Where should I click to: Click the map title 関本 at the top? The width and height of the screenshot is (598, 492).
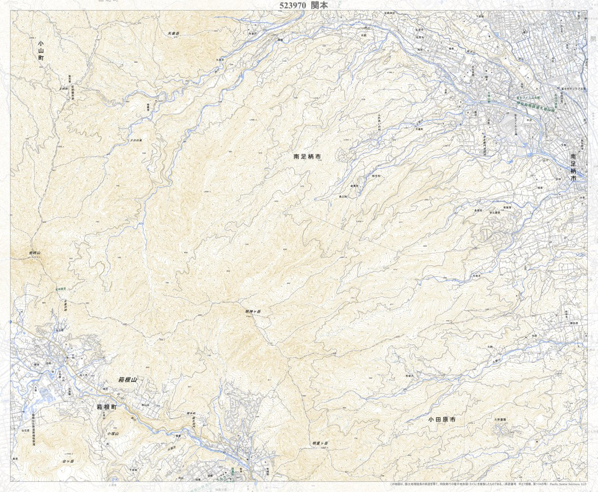(320, 5)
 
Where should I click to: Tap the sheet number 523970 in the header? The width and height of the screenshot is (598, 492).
(293, 5)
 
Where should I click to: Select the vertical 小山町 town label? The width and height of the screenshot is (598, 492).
(41, 51)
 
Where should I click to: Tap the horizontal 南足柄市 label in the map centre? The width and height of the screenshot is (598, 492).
(307, 157)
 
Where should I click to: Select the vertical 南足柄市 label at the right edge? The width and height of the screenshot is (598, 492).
(573, 168)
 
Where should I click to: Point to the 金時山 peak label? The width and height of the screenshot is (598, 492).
(34, 253)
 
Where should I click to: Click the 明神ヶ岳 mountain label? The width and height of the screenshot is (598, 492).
(252, 311)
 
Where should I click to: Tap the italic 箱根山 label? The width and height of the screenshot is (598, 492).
(127, 380)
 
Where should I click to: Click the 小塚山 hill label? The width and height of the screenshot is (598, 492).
(113, 434)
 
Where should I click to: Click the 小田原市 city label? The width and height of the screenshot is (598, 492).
(441, 420)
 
